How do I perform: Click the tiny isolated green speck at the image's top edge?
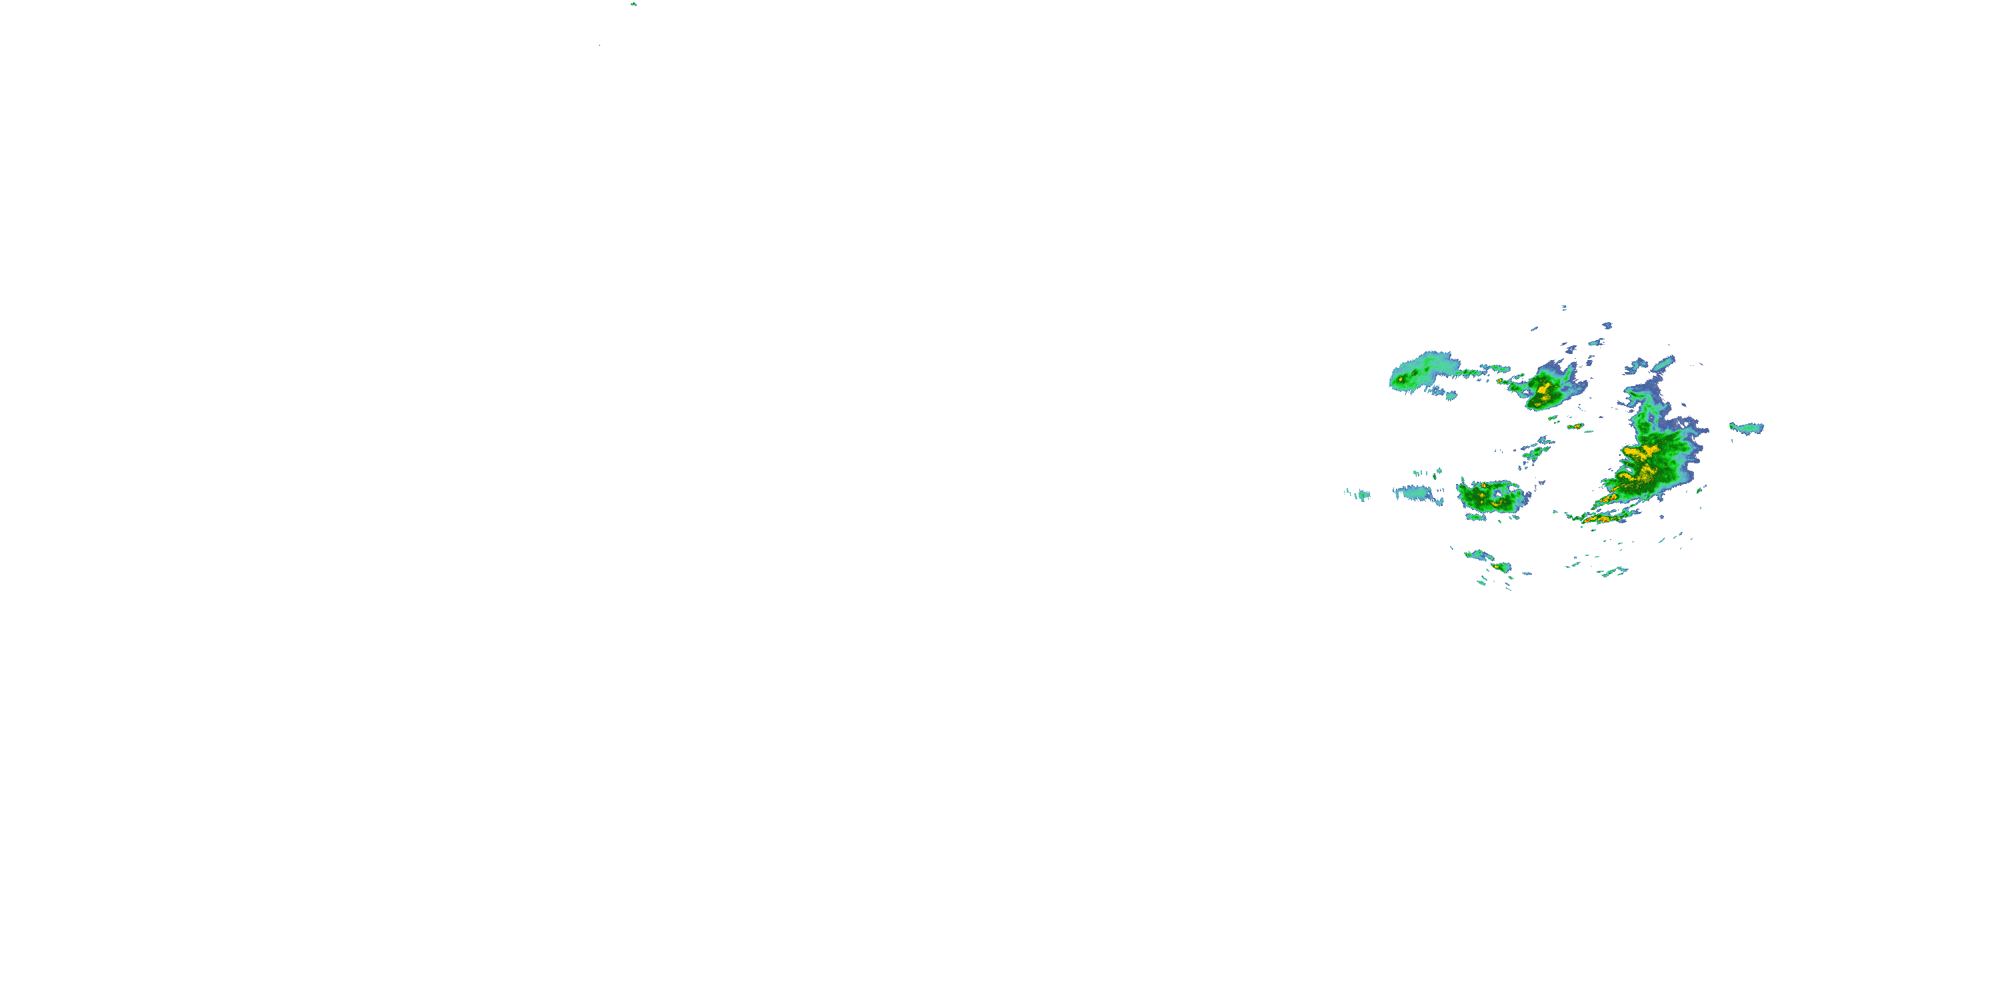[633, 4]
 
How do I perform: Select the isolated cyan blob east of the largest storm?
[1747, 428]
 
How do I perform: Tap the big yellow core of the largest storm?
[1640, 451]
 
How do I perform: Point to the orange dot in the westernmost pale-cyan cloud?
[1401, 379]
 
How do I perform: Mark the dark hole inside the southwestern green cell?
[1495, 494]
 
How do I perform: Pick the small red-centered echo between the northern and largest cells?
[1575, 426]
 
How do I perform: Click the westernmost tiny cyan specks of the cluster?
[1359, 494]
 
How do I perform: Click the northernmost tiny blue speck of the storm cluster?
[1563, 307]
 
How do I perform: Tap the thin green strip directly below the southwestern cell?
[1475, 516]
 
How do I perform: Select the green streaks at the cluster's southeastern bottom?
[1613, 572]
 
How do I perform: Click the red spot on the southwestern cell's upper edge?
[1484, 485]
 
